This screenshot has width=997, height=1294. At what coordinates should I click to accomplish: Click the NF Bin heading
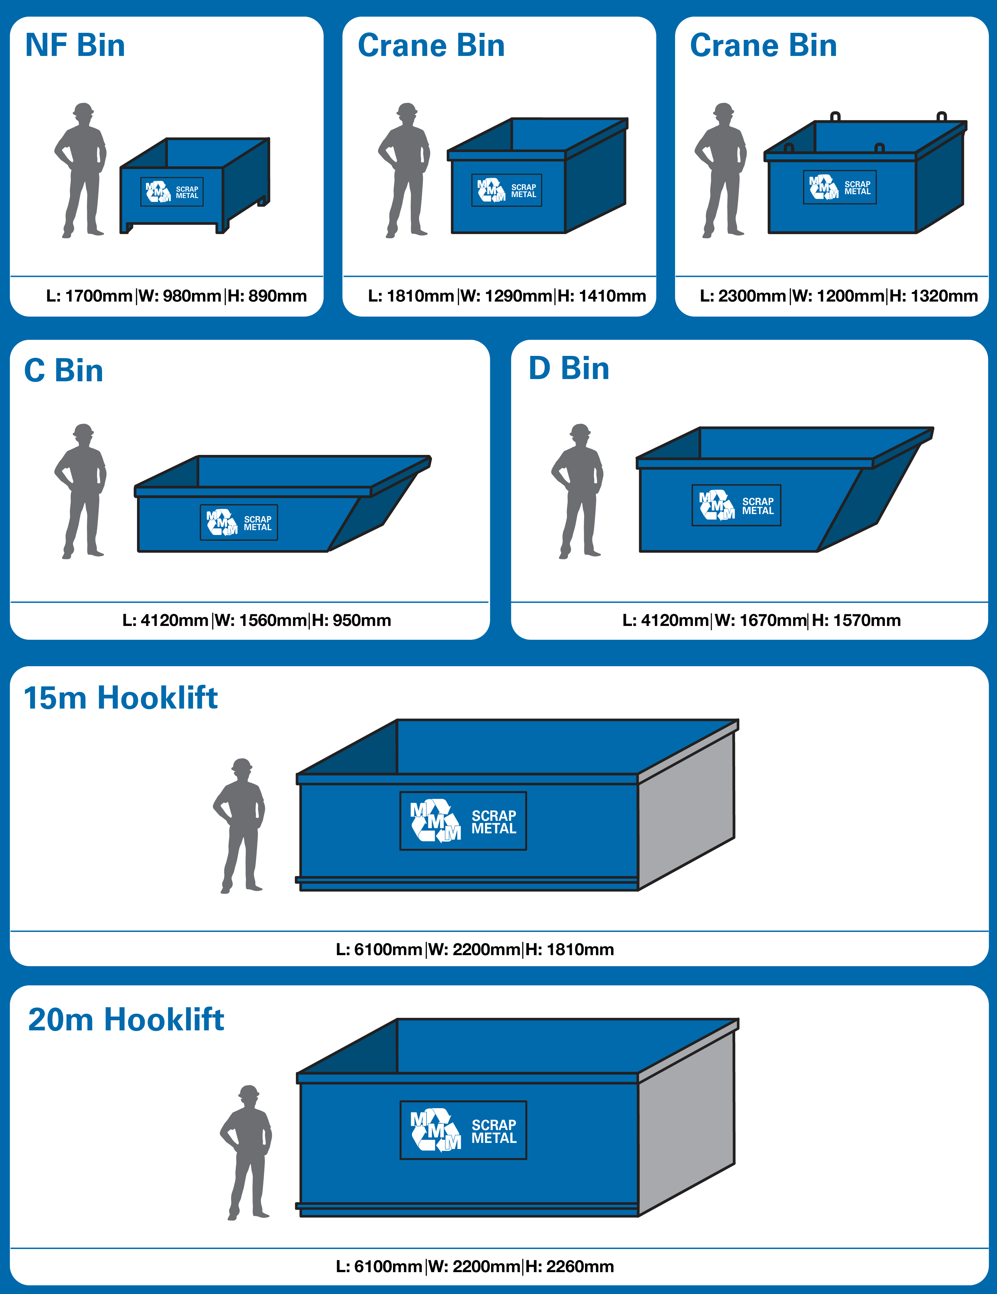coord(75,46)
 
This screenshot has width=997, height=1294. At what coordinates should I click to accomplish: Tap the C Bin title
coord(63,370)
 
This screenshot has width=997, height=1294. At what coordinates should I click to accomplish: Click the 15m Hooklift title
coord(120,697)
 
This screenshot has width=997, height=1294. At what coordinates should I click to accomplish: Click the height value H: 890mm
coord(267,296)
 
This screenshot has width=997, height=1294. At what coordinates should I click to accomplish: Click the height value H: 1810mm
coord(570,949)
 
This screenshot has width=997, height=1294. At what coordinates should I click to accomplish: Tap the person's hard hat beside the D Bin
coord(580,430)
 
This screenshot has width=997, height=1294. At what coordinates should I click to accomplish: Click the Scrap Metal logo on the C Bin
coord(239,522)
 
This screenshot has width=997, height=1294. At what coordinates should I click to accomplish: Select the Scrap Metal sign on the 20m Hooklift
coord(463,1130)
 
